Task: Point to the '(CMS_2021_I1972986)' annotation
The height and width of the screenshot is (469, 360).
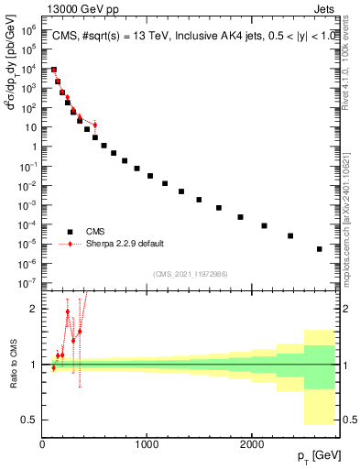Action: pyautogui.click(x=190, y=273)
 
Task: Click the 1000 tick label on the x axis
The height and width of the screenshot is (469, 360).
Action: pyautogui.click(x=147, y=444)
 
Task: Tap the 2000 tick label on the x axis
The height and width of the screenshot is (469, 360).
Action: pyautogui.click(x=252, y=444)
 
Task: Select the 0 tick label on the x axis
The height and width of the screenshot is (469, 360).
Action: pyautogui.click(x=42, y=444)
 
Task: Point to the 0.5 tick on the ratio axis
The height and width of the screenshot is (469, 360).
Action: pyautogui.click(x=30, y=420)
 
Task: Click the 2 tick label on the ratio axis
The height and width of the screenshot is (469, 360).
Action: pyautogui.click(x=35, y=309)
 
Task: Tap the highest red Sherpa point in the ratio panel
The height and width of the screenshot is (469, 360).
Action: pyautogui.click(x=67, y=311)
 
